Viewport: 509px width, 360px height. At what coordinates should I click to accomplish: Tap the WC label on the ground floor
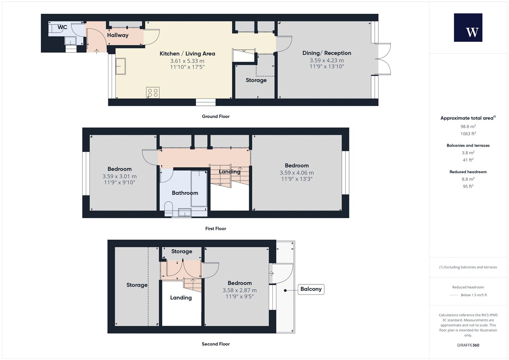click(62, 27)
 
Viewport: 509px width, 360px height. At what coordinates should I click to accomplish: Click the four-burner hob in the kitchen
click(153, 93)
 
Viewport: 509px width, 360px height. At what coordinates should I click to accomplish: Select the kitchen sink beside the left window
click(121, 66)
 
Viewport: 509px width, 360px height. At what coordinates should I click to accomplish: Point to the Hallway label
click(118, 35)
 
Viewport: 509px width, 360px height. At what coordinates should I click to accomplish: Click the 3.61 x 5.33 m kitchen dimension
click(187, 61)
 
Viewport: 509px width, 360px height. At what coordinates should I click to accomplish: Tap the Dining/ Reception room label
click(327, 53)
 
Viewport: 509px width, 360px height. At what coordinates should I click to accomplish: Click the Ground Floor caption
click(216, 116)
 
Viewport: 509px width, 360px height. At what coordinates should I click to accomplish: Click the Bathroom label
click(185, 193)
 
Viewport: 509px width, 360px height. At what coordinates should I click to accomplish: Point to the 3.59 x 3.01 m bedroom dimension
click(120, 176)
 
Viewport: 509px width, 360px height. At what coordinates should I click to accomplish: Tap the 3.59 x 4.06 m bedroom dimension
click(297, 173)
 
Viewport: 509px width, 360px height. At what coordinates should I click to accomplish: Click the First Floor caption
click(216, 229)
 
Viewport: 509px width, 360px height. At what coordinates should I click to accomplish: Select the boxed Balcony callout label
click(311, 289)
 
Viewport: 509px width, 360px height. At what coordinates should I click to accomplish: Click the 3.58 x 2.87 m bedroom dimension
click(240, 290)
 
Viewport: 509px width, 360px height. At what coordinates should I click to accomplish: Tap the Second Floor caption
click(216, 344)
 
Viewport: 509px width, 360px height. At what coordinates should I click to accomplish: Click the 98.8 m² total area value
click(468, 127)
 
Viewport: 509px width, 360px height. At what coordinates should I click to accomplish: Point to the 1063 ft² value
click(468, 134)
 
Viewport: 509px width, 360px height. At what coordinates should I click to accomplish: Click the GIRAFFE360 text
click(468, 345)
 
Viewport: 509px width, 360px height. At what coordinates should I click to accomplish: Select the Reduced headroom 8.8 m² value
click(468, 179)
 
